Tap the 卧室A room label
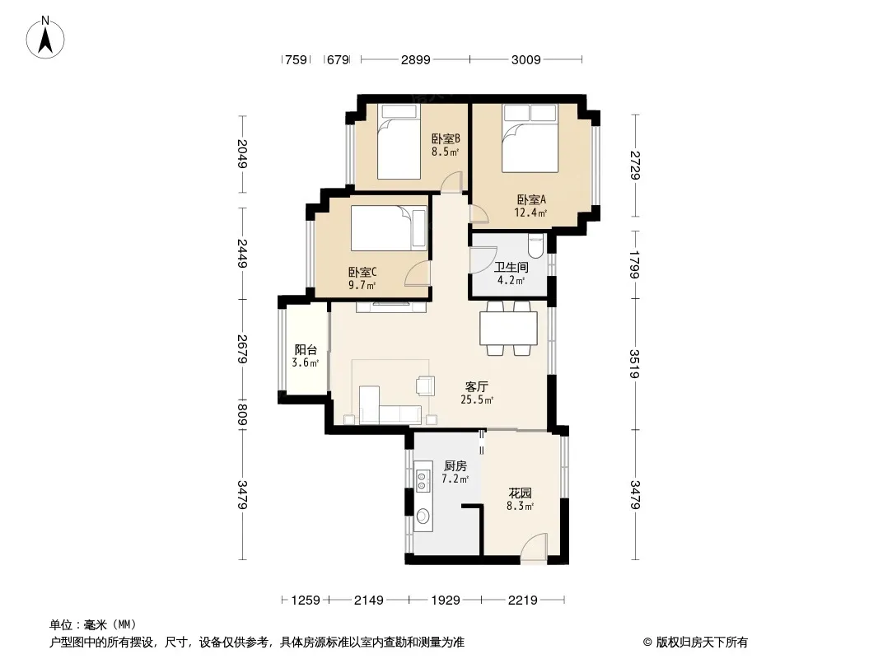point(530,199)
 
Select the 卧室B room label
point(446,138)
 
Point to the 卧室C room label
point(362,272)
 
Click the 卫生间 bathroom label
point(511,267)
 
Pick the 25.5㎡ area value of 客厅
point(477,400)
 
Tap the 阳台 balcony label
point(306,350)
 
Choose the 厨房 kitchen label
point(455,466)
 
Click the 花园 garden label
point(521,493)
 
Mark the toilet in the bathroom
point(536,246)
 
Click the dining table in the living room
point(508,328)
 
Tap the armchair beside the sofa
point(425,386)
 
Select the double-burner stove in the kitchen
point(423,477)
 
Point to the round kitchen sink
point(423,515)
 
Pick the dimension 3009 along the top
point(525,59)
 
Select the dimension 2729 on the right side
point(634,166)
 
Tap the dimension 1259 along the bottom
point(306,601)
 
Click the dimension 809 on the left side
point(242,415)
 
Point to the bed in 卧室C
point(389,228)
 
